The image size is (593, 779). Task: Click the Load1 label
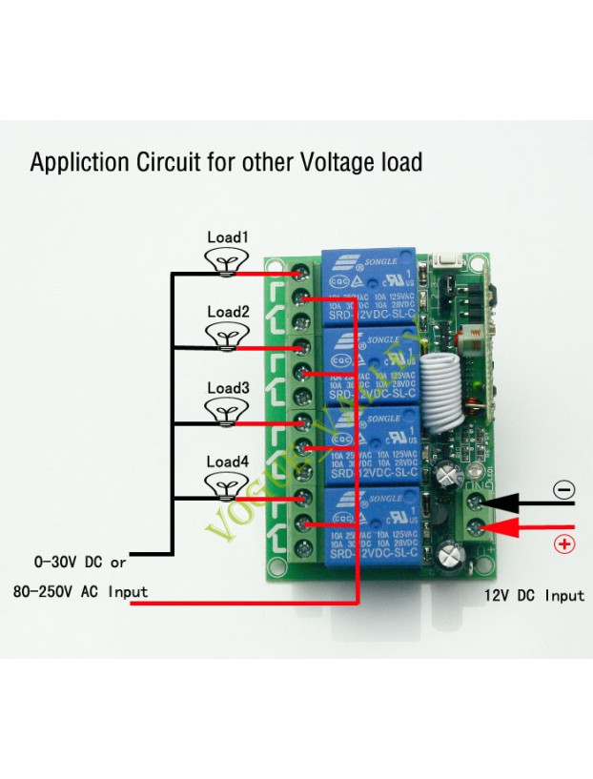(x=227, y=236)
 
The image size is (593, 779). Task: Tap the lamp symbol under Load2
(x=227, y=336)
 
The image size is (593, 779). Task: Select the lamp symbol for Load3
(x=227, y=412)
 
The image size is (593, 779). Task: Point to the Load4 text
(x=227, y=461)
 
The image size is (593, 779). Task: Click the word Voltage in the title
(x=334, y=161)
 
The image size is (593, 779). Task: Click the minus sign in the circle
(x=564, y=490)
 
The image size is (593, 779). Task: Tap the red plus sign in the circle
(x=564, y=544)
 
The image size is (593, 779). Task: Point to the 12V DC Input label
(x=534, y=595)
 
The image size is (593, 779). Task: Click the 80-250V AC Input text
(x=80, y=591)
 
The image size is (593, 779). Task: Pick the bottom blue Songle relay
(x=370, y=524)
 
